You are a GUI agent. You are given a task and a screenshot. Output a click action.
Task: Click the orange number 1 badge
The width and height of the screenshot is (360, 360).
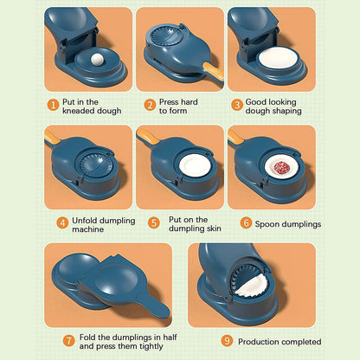(53, 104)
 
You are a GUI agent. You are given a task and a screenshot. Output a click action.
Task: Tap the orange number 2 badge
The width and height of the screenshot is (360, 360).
(149, 104)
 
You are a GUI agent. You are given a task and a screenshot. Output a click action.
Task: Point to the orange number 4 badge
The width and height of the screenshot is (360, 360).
(61, 222)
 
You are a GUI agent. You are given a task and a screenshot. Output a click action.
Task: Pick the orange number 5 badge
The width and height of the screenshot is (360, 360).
(153, 222)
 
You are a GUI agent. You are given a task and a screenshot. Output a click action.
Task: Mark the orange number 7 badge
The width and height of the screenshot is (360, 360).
(68, 340)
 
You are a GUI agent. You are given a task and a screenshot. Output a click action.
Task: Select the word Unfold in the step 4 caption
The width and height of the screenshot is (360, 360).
(85, 220)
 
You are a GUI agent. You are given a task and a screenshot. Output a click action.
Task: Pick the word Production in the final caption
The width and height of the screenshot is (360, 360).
(260, 342)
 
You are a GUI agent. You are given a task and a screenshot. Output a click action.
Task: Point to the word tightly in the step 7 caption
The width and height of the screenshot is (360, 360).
(145, 346)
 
